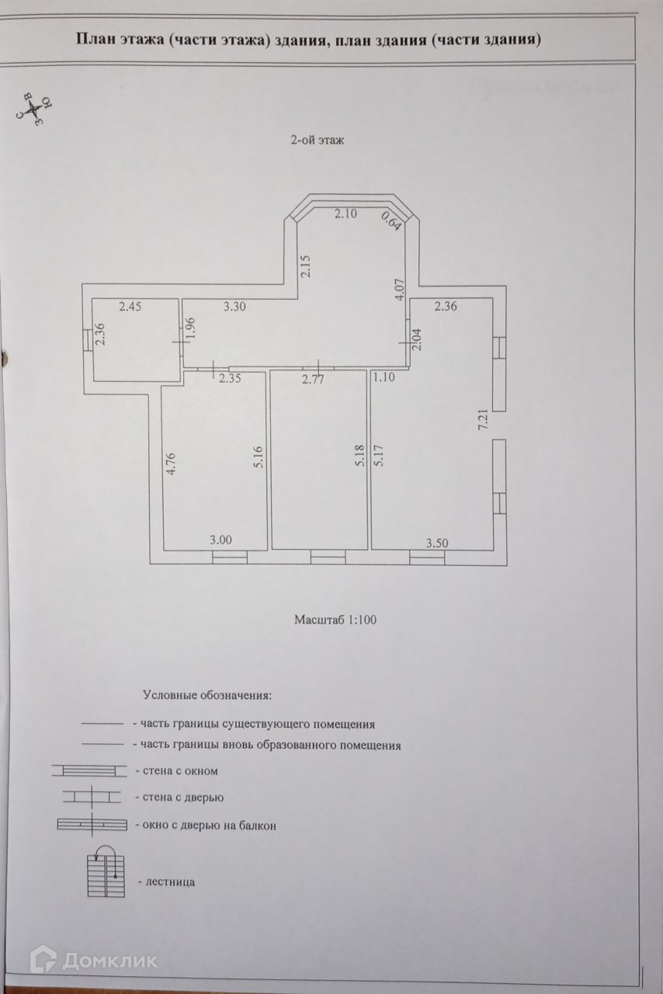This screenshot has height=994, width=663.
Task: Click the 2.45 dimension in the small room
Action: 130,307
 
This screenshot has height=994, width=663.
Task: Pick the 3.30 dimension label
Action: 234,307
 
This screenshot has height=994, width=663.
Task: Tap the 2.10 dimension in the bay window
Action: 346,214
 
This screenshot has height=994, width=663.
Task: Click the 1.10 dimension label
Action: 384,378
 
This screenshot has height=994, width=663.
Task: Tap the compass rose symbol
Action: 32,111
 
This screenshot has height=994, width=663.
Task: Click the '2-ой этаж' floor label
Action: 318,141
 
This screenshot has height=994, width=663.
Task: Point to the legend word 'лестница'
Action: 165,882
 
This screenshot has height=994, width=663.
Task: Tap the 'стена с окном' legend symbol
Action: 88,770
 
